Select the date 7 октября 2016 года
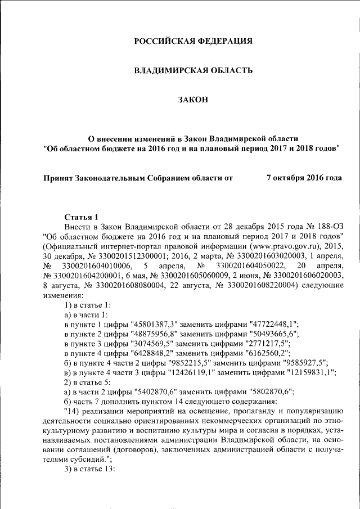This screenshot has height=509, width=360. click(x=304, y=178)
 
